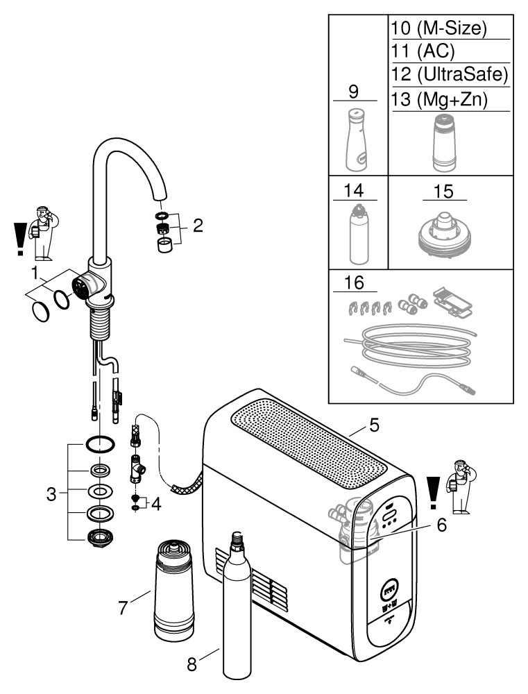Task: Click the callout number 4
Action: coord(156,504)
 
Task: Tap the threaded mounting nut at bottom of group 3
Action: coord(99,537)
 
